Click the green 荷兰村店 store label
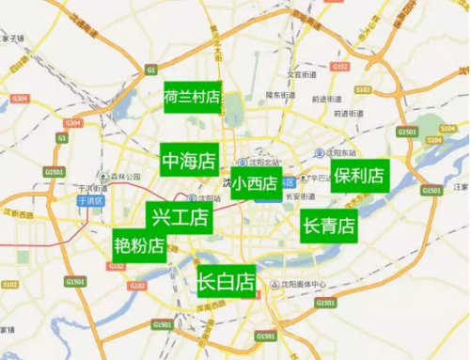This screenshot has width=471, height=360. (192, 97)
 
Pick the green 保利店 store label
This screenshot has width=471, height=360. (359, 175)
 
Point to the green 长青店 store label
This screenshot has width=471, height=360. (329, 226)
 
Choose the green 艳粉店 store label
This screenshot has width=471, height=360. (139, 246)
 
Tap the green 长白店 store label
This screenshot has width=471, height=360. (226, 280)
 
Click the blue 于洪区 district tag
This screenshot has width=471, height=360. (88, 199)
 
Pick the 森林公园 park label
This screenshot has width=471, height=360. (123, 176)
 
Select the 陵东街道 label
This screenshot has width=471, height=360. (280, 95)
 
